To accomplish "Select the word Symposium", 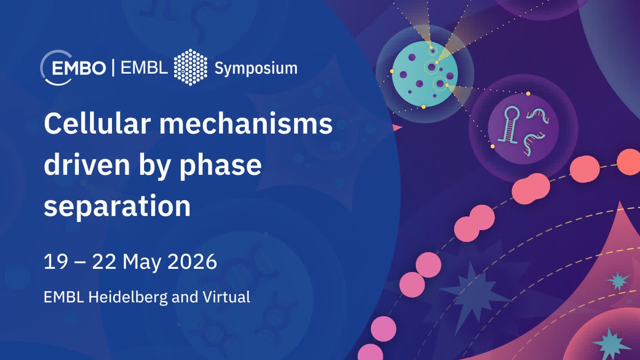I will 255,68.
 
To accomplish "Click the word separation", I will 117,206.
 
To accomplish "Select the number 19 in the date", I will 55,262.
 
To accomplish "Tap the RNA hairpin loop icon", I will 507,125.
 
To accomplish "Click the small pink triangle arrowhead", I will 396,127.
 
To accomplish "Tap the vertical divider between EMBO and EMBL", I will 113,68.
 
